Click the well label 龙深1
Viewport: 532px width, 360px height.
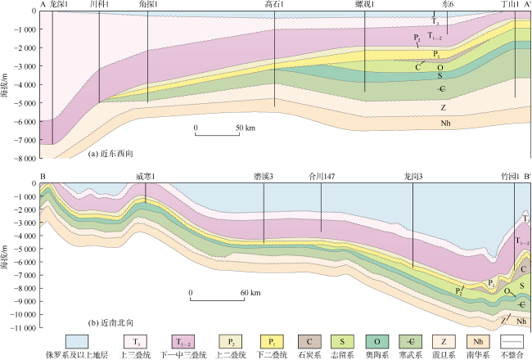click(58, 5)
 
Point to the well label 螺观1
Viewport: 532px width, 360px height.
click(365, 5)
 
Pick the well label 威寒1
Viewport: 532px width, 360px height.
click(145, 177)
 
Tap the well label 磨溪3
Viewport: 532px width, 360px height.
click(264, 177)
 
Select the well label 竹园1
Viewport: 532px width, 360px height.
click(510, 177)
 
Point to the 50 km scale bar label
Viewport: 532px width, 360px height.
click(246, 128)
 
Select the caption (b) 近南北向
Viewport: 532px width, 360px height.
click(110, 322)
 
